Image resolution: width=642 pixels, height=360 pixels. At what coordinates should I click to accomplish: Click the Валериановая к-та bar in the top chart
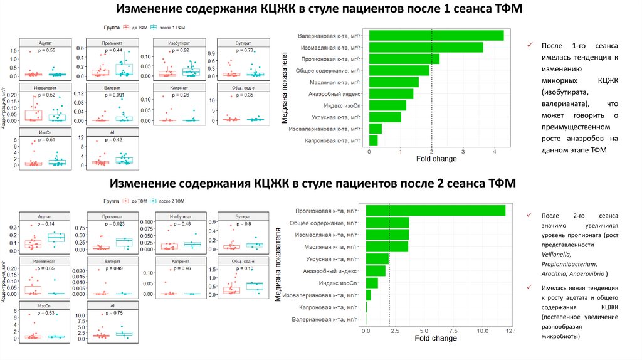(436, 36)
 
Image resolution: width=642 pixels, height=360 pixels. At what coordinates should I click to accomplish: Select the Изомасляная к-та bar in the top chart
(426, 47)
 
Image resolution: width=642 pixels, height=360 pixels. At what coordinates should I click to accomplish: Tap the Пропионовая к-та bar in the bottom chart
(436, 211)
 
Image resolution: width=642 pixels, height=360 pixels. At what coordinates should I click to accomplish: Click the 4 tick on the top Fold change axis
(494, 152)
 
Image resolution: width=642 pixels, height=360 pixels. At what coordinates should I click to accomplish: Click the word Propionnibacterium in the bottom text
(569, 264)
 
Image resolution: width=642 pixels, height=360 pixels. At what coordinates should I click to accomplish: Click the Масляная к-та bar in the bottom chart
(387, 246)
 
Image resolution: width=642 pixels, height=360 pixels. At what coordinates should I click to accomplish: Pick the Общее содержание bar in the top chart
(399, 70)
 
